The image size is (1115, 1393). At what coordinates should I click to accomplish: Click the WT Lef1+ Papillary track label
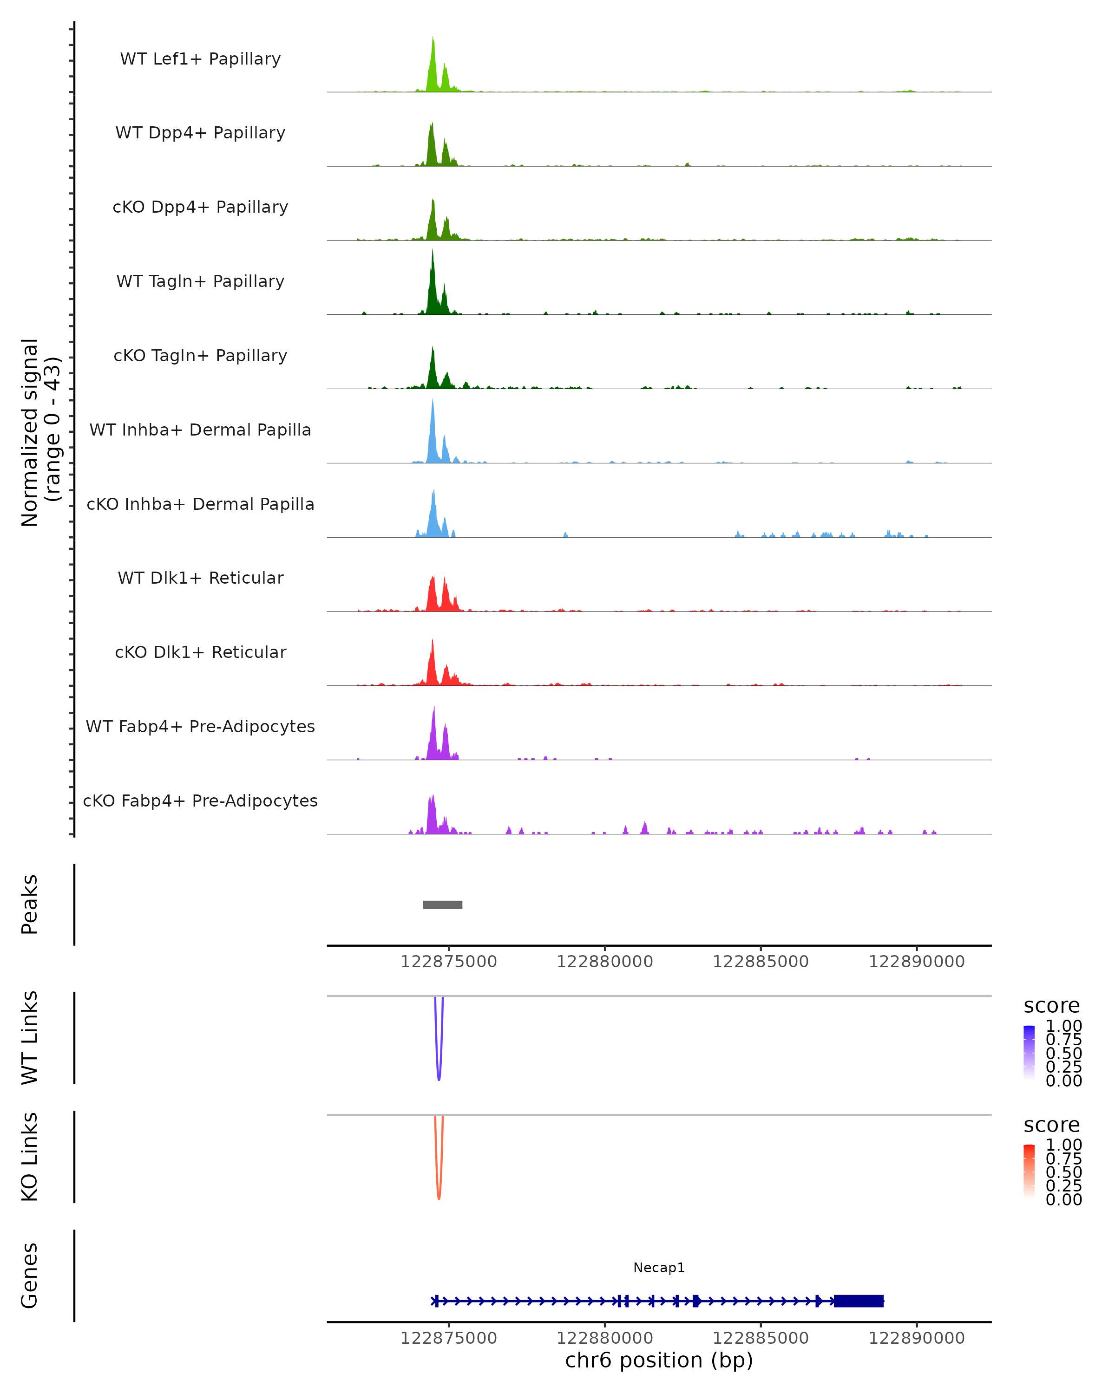point(200,59)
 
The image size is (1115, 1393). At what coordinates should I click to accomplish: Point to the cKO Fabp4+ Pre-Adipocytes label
point(200,801)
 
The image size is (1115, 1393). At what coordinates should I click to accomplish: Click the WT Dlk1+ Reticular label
point(200,578)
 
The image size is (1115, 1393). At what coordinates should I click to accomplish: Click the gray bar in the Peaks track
point(443,905)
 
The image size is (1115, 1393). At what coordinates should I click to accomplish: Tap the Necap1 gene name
point(659,1268)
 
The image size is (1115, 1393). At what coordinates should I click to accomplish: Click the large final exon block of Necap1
point(859,1301)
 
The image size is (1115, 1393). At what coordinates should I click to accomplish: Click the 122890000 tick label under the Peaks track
point(917,962)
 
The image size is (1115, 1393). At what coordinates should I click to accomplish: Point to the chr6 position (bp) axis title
point(659,1360)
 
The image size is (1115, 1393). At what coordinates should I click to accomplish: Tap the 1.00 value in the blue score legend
point(1063,1026)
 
